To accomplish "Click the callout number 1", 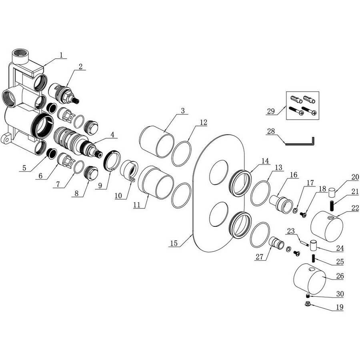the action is (61, 55).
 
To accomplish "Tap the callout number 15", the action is (174, 243).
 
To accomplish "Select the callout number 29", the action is (271, 111).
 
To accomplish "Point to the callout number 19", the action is (340, 307).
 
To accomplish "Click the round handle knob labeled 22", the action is (327, 226).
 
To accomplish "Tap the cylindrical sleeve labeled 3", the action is (157, 142).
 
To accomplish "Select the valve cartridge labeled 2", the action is (64, 94).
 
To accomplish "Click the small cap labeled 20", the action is (331, 192).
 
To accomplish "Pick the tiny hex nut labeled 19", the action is (307, 304).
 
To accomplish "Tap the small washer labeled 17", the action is (296, 210).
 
